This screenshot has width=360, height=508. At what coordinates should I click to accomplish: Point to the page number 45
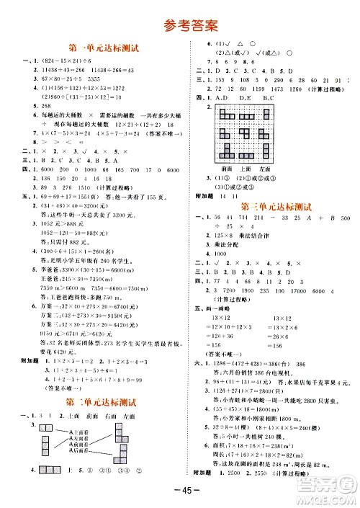point(180,494)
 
